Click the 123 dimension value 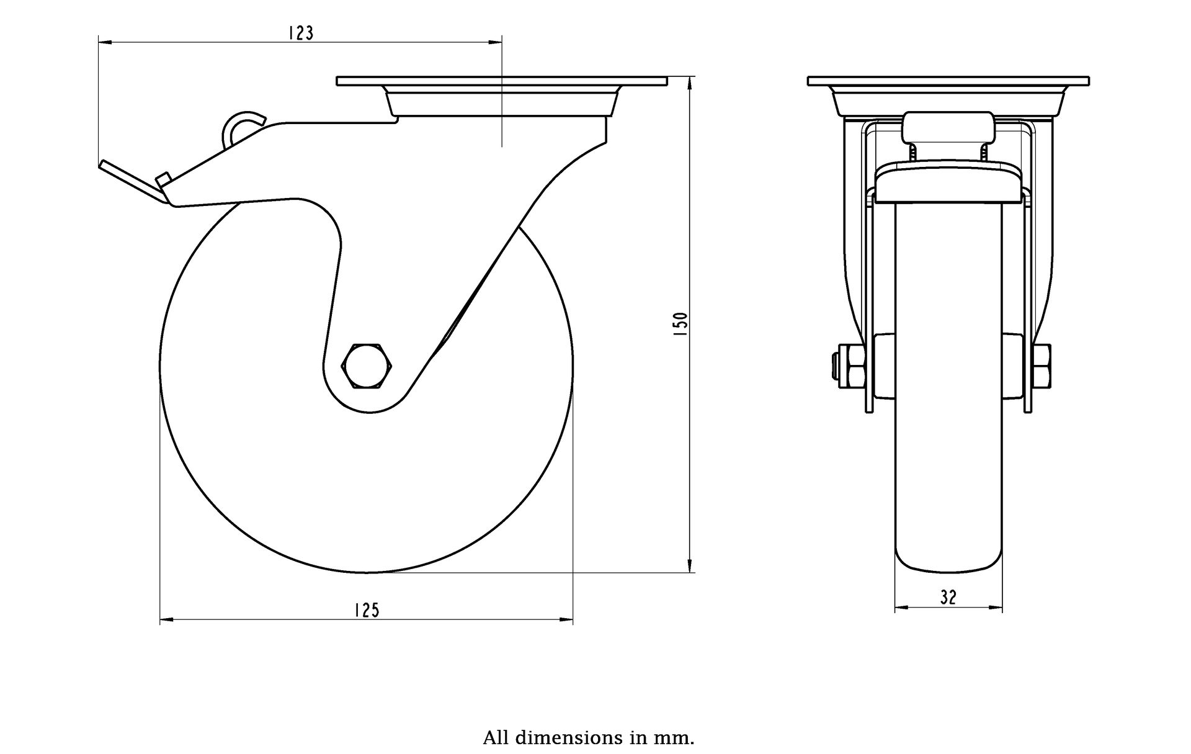coord(301,33)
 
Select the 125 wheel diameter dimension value coord(367,611)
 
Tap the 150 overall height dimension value coord(680,324)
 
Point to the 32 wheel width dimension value coord(948,598)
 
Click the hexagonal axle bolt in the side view coord(368,366)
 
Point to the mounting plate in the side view coord(502,81)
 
